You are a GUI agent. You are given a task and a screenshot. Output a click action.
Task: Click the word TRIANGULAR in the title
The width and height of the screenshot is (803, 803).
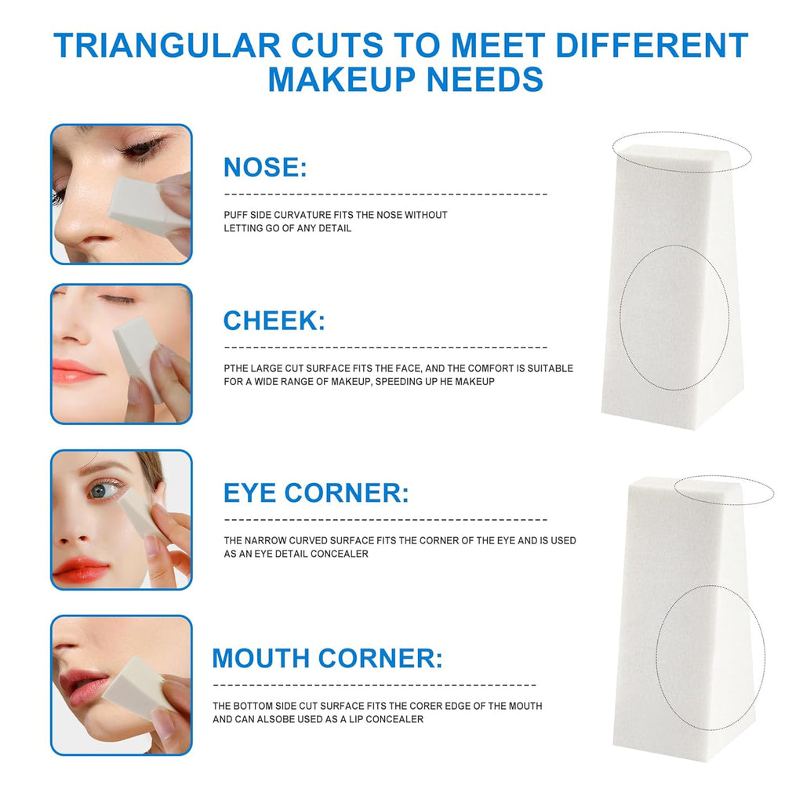(x=168, y=45)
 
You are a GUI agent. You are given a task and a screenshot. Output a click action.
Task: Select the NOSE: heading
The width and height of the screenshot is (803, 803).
(x=265, y=167)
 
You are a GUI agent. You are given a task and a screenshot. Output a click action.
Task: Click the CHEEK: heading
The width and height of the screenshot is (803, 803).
(x=274, y=321)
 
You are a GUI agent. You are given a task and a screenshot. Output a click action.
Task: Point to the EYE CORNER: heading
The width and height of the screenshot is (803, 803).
(x=316, y=492)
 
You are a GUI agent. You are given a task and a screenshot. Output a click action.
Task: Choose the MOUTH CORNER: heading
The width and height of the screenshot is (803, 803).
(x=327, y=658)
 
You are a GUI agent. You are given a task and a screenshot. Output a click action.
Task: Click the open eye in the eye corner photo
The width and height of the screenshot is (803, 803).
(x=104, y=491)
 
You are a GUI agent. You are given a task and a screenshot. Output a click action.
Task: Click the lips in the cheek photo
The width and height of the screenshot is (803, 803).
(x=77, y=371)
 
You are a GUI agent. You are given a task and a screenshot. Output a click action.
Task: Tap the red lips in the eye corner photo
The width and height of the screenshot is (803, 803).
(x=80, y=570)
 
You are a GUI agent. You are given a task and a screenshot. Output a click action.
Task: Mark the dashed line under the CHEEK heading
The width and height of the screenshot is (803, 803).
(x=386, y=347)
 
